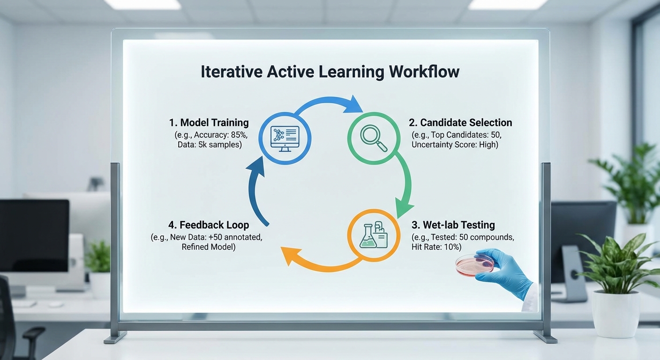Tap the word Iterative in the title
[232, 72]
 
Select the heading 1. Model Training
[209, 122]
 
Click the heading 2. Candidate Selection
[460, 122]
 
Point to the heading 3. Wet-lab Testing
[453, 225]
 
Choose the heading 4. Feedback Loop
[209, 225]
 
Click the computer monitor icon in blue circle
[285, 138]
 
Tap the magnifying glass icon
[374, 138]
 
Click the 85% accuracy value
[239, 135]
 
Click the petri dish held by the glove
[475, 265]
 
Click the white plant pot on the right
[616, 314]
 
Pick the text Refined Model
[209, 247]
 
